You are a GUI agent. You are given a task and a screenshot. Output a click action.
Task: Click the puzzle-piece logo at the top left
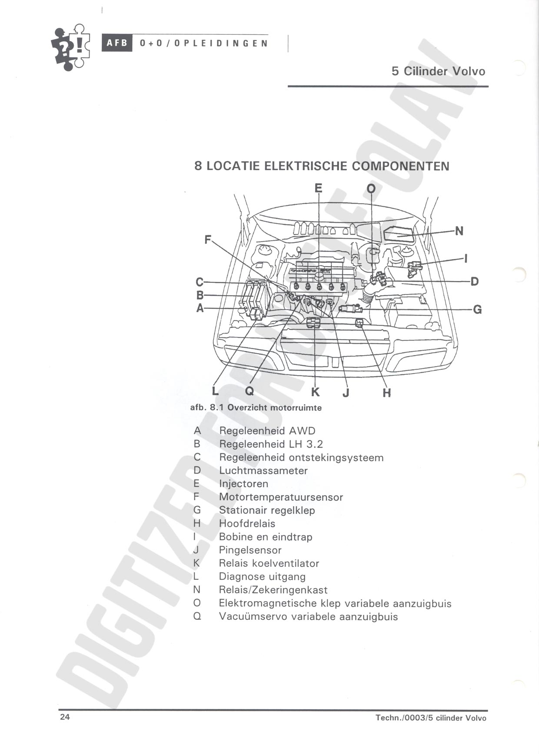(70, 47)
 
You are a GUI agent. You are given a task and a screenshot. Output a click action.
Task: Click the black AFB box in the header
(117, 43)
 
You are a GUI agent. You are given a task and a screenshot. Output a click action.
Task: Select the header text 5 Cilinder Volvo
(438, 71)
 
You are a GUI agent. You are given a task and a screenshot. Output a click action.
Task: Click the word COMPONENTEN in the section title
(400, 166)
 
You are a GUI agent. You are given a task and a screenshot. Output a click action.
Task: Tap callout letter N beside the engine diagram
(459, 231)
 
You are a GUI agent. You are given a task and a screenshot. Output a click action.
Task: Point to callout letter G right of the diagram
(477, 310)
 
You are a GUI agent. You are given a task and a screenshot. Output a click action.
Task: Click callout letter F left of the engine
(208, 239)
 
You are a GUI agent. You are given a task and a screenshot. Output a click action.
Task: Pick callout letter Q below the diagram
(250, 391)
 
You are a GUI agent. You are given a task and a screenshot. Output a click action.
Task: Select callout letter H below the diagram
(387, 393)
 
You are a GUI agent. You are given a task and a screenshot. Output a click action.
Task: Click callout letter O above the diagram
(371, 188)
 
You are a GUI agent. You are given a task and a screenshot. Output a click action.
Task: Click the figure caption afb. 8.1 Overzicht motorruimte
(256, 408)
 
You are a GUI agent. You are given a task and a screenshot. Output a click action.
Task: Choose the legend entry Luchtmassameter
(263, 470)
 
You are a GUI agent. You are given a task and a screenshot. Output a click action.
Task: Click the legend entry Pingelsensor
(250, 550)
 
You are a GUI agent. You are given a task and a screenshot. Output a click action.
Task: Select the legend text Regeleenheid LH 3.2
(271, 444)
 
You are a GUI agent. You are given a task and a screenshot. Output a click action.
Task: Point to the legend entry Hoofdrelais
(247, 523)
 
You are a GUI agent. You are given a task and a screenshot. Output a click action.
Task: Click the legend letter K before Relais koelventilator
(197, 563)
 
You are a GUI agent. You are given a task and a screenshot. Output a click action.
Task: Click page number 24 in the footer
(65, 717)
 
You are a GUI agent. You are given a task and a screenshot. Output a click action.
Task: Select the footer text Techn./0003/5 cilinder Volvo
(431, 718)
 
